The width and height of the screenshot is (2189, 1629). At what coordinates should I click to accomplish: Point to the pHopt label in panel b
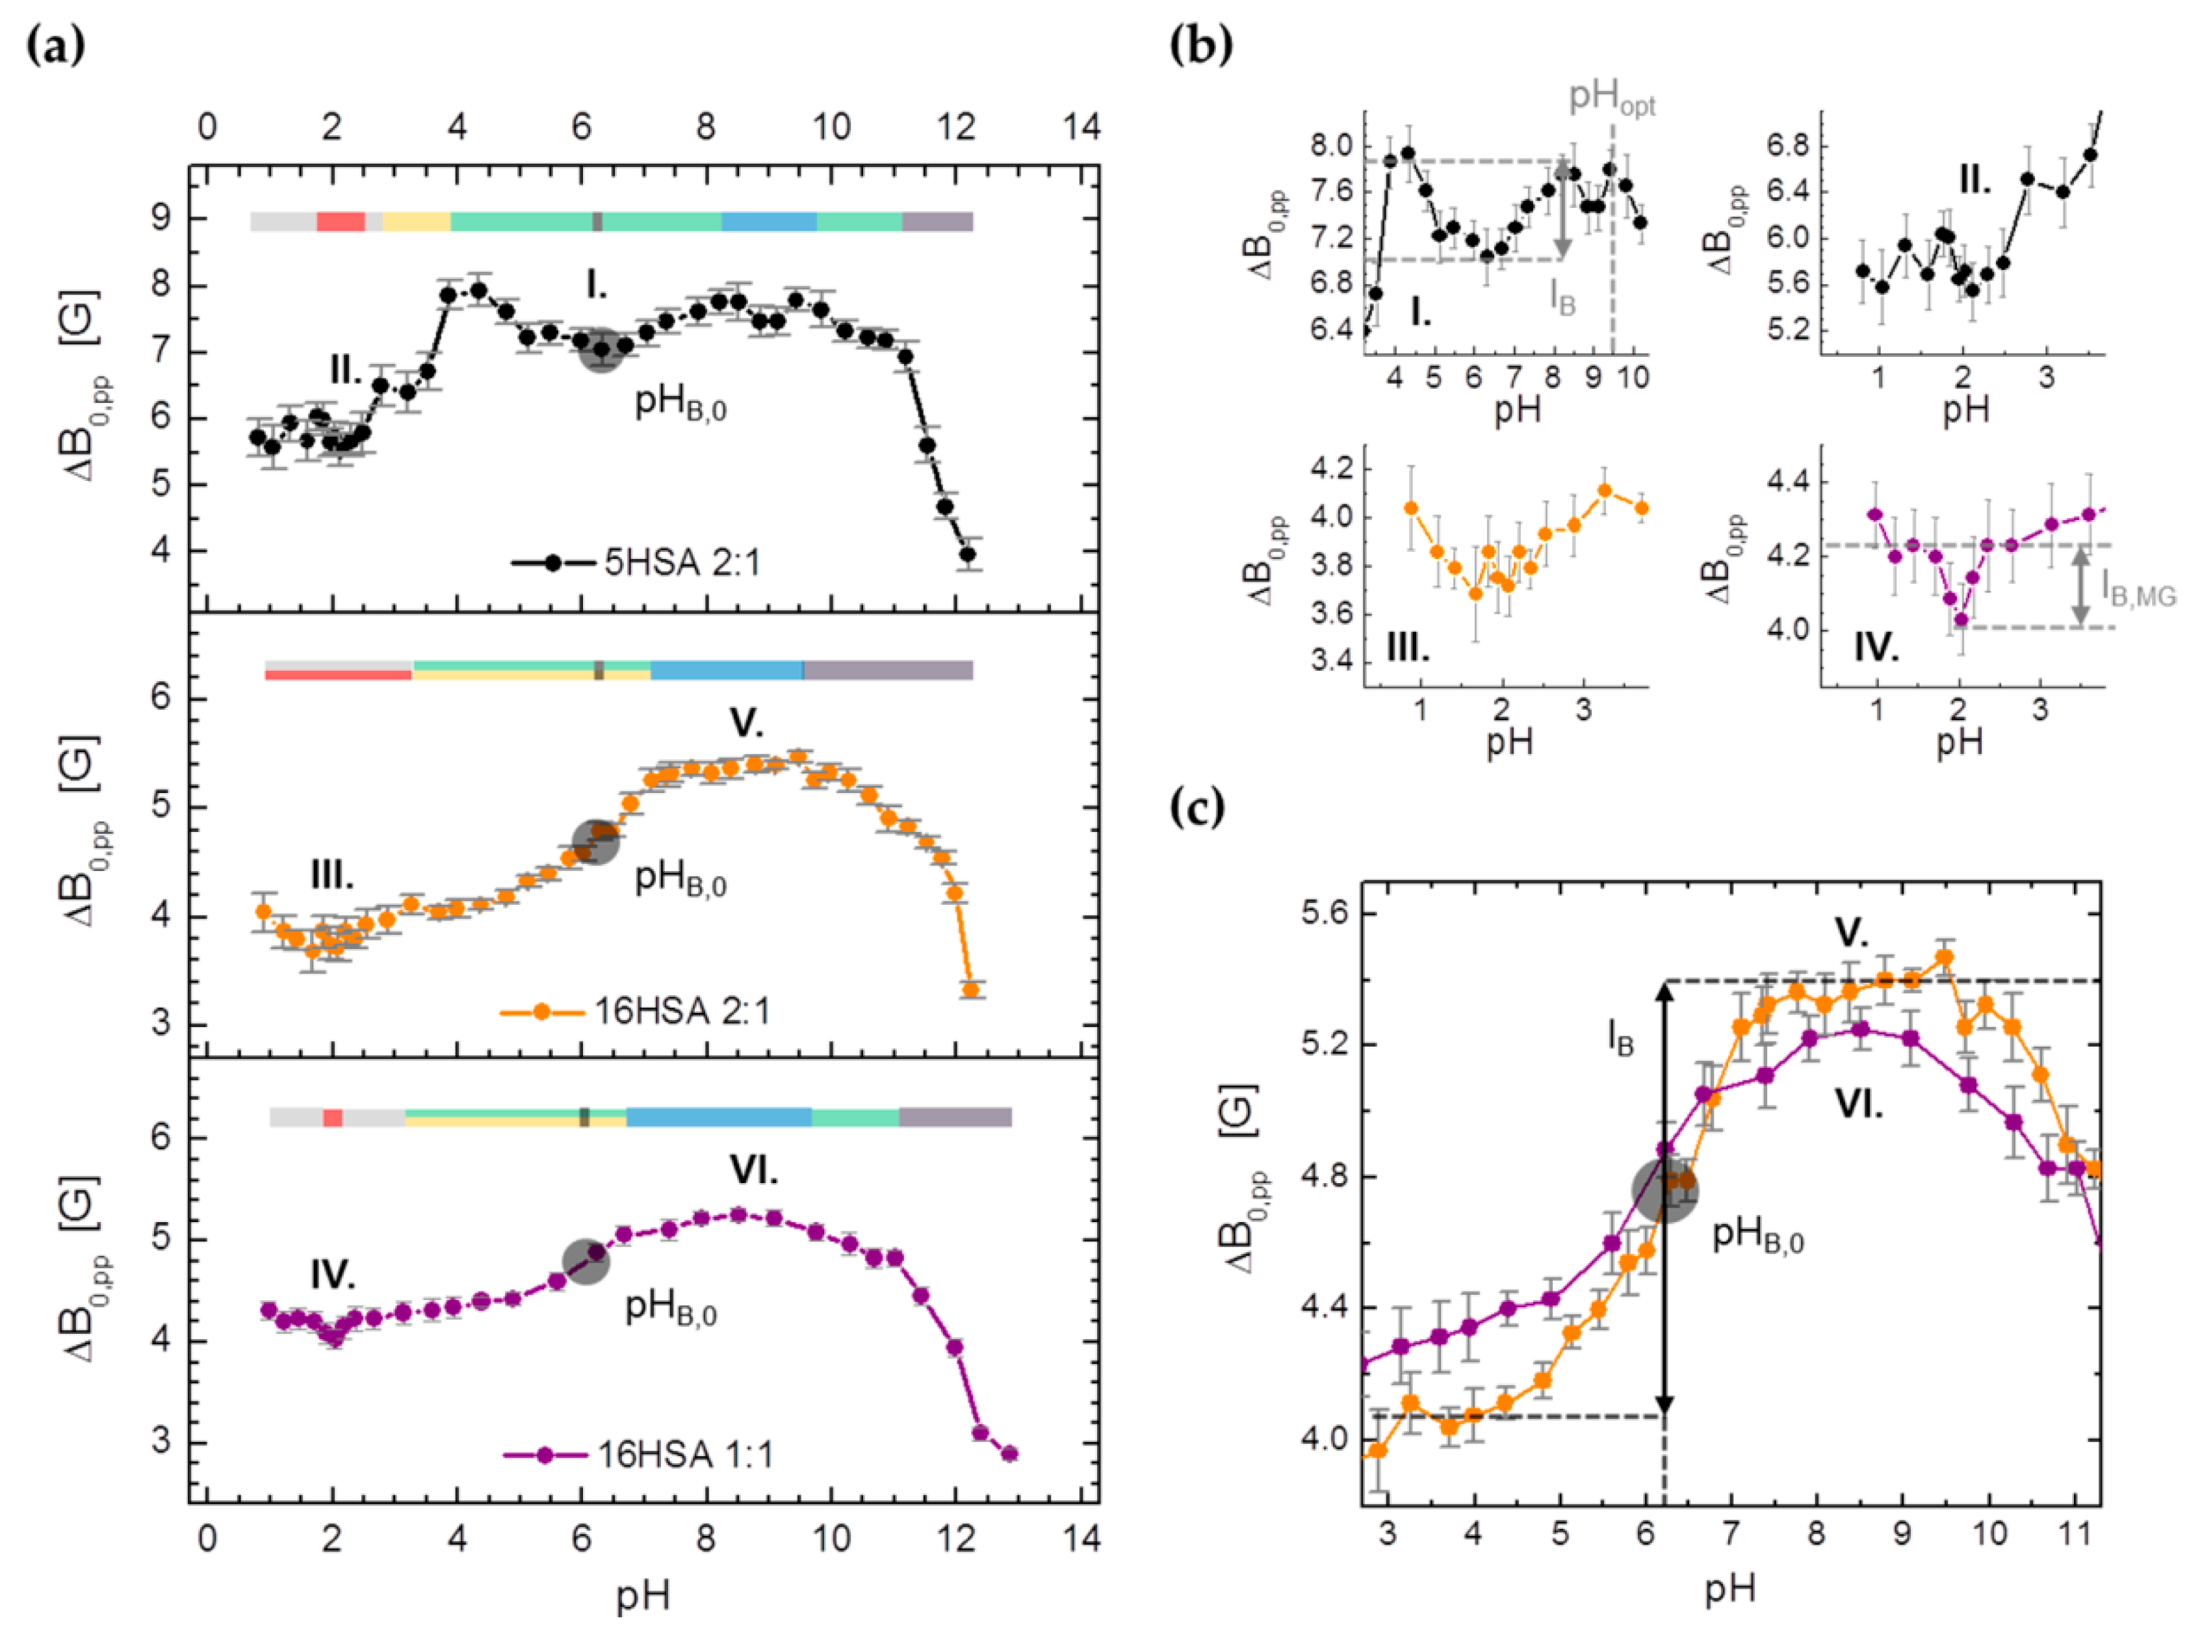click(x=1612, y=99)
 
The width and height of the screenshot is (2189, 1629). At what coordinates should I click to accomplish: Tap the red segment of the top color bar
click(x=340, y=222)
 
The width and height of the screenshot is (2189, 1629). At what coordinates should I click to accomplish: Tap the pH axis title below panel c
click(x=1731, y=1589)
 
